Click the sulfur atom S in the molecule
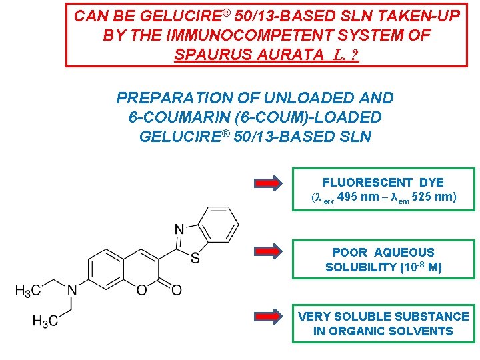(195, 259)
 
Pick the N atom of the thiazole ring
(179, 230)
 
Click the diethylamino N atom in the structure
(72, 290)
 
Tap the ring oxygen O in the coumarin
(140, 290)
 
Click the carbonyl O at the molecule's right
(176, 290)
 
